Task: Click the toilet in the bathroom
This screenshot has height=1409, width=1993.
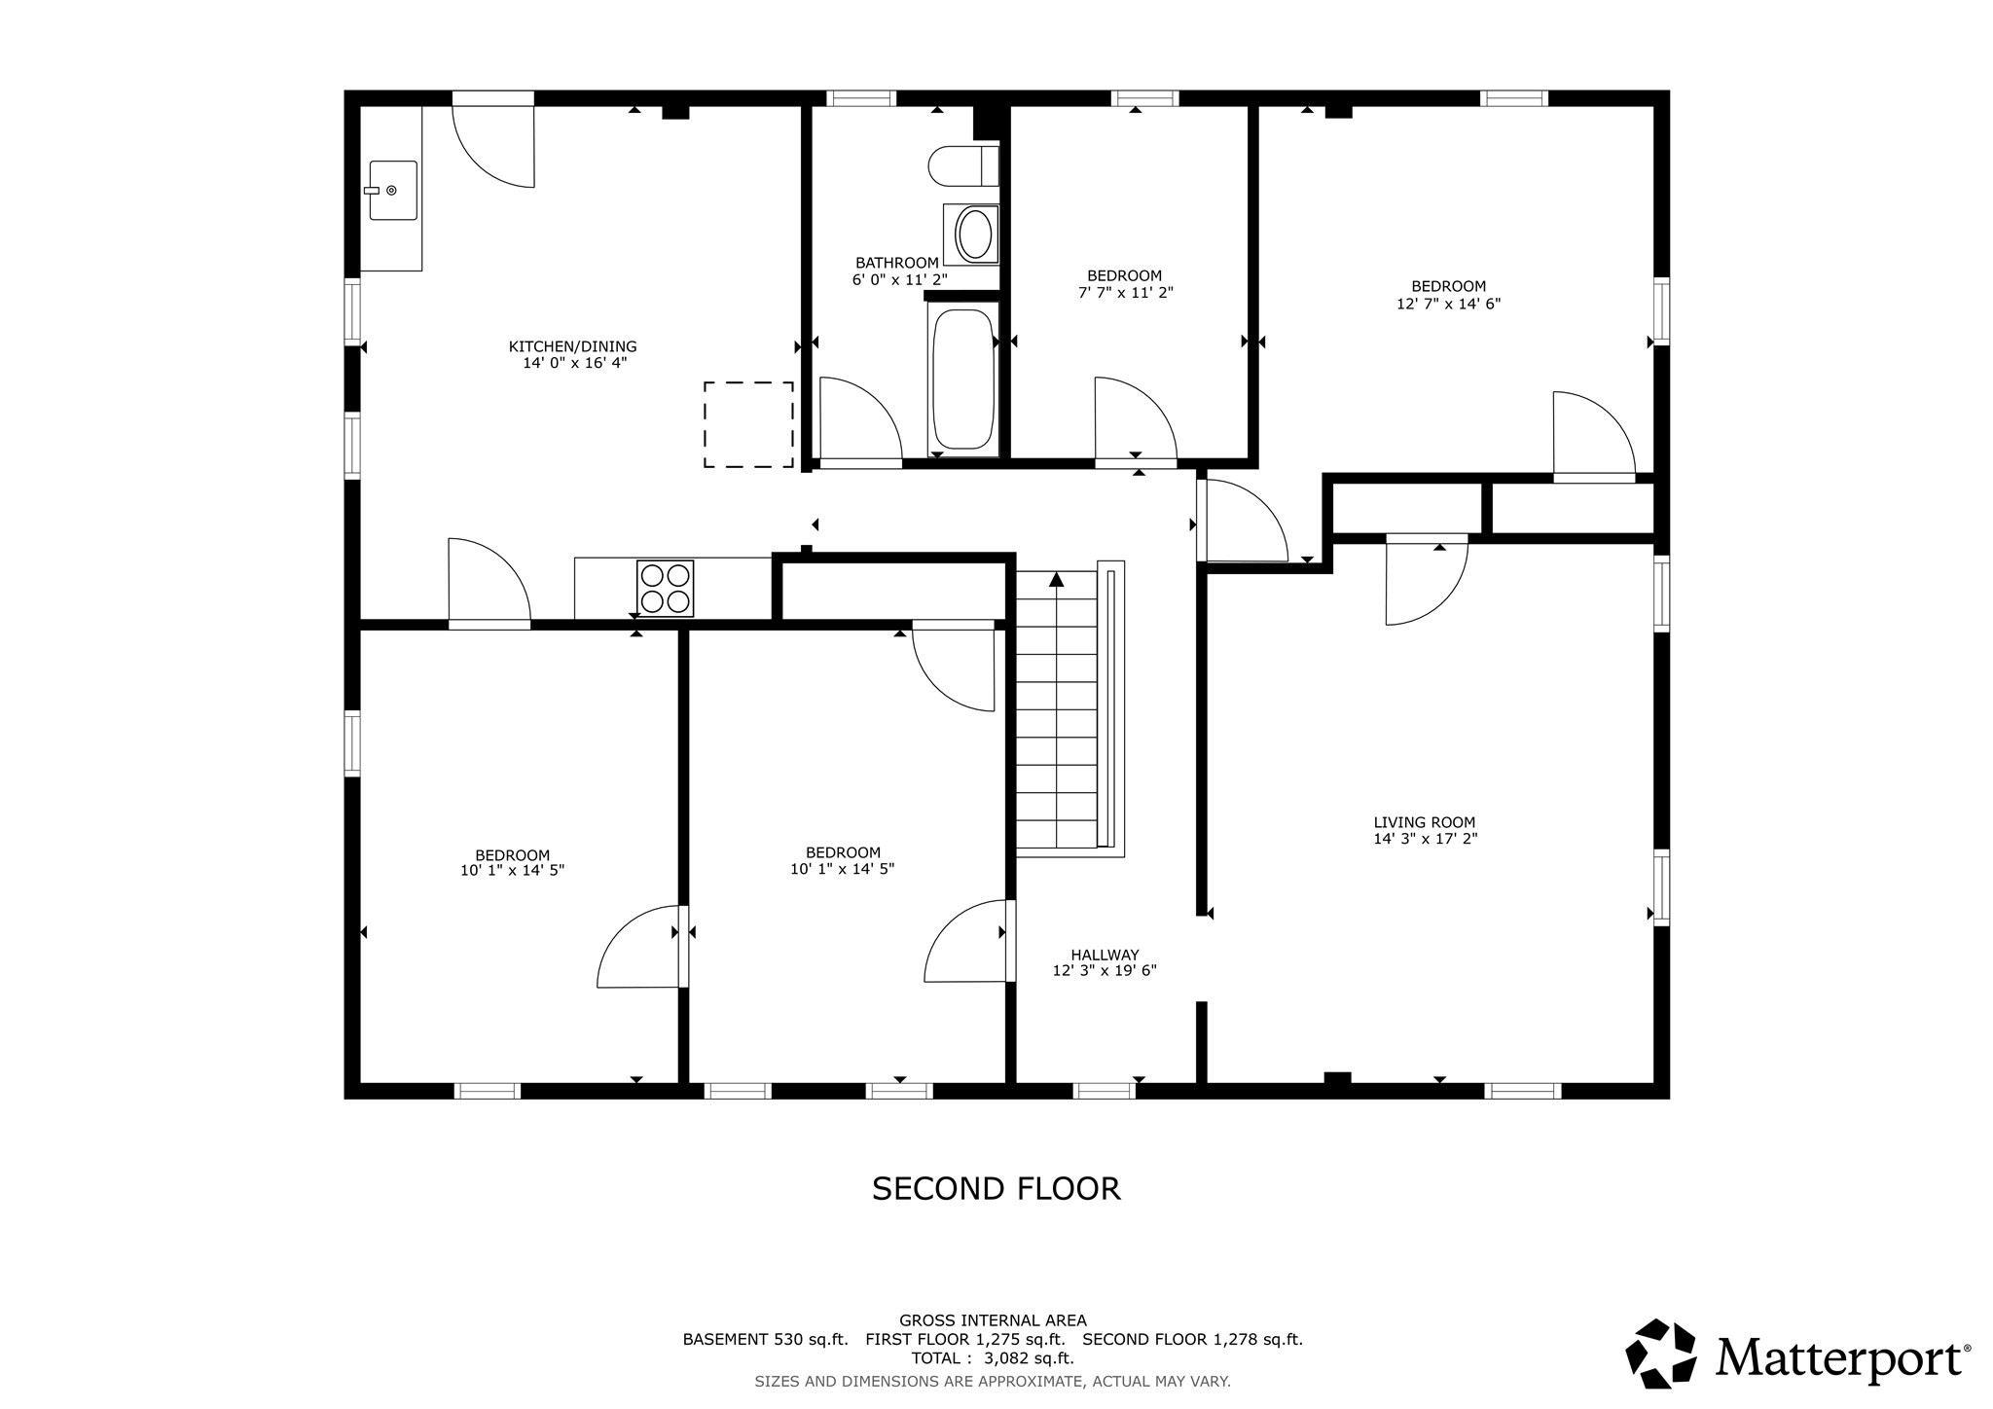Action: [x=962, y=165]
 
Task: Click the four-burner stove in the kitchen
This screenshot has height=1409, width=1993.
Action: [x=666, y=588]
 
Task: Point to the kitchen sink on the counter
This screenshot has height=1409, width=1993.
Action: [x=392, y=191]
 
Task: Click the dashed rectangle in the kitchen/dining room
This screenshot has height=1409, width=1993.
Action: [x=748, y=424]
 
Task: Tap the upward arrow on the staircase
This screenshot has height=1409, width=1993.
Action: [x=1057, y=580]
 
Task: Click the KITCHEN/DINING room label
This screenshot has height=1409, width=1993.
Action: [x=572, y=346]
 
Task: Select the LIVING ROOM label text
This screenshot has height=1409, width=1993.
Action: [x=1425, y=822]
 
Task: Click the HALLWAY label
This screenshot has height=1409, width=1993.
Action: [x=1105, y=955]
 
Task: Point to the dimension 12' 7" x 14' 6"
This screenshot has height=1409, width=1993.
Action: [x=1448, y=304]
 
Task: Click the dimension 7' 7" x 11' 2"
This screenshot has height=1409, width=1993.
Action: [x=1125, y=292]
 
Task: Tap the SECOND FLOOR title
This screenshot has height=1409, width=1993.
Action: [x=996, y=1188]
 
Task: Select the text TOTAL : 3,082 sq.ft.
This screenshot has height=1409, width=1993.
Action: [x=992, y=1357]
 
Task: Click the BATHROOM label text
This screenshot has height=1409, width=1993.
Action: [x=896, y=263]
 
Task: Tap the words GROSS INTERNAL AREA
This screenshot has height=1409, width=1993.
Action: [x=993, y=1320]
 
